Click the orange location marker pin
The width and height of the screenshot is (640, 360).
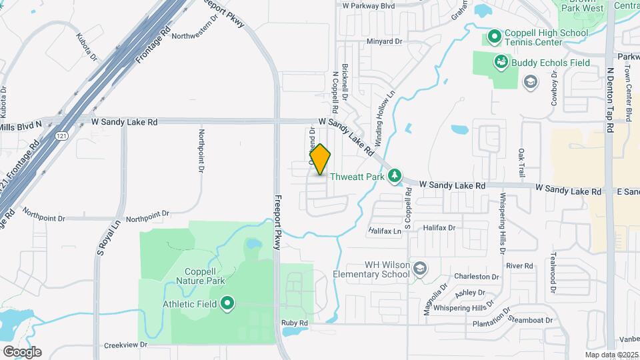tap(320, 159)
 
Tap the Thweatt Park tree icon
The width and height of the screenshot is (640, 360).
tap(395, 175)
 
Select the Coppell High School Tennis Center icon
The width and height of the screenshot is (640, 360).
tap(495, 35)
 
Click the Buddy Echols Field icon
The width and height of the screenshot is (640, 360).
tap(501, 62)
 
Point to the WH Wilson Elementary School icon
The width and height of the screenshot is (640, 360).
tap(420, 269)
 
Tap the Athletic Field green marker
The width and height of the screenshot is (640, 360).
tap(227, 304)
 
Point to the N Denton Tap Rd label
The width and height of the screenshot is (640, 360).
tap(609, 93)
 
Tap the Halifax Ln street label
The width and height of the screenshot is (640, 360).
tap(385, 231)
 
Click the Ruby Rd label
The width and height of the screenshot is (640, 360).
tap(295, 323)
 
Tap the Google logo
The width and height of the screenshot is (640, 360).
tap(21, 352)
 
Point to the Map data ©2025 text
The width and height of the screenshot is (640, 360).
tap(611, 355)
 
